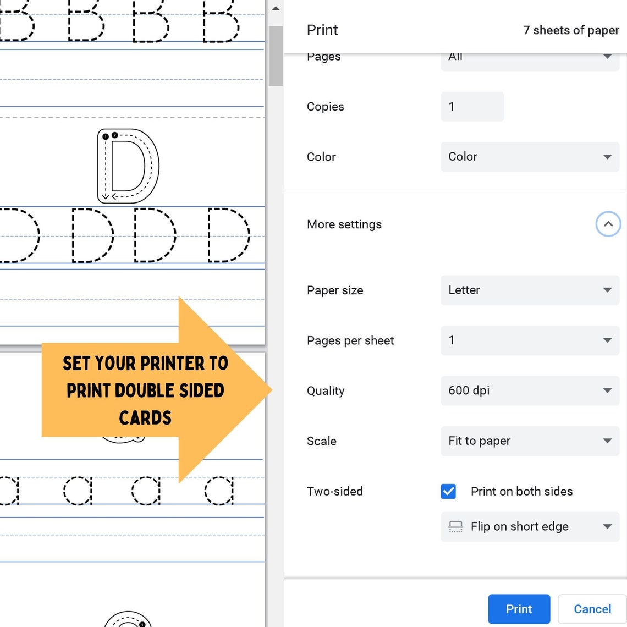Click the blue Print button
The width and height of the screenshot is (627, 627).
click(x=519, y=609)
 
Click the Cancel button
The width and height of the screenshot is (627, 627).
click(x=592, y=609)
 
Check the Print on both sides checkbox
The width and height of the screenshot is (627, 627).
click(x=448, y=491)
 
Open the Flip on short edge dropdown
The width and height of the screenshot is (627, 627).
click(x=530, y=526)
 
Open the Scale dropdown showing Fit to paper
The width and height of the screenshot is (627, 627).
click(x=530, y=441)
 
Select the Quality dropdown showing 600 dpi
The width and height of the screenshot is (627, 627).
click(x=530, y=391)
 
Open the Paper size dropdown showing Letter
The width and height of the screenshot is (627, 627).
click(x=530, y=290)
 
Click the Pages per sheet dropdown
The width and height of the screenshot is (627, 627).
click(x=530, y=340)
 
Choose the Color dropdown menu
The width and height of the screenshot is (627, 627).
click(x=530, y=157)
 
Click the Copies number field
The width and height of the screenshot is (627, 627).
click(x=472, y=107)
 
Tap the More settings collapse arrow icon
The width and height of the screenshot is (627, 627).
click(x=608, y=224)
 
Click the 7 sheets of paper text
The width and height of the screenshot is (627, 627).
click(x=570, y=30)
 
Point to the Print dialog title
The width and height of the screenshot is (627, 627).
click(x=322, y=30)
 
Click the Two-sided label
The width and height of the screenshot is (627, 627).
click(x=334, y=491)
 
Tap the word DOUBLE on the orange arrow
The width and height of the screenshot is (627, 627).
click(x=146, y=391)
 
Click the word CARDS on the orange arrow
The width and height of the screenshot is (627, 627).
click(x=145, y=418)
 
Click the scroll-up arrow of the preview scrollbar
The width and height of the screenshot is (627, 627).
click(x=276, y=9)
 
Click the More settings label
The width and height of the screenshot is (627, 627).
click(x=344, y=224)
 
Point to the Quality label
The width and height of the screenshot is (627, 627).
click(x=326, y=391)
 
